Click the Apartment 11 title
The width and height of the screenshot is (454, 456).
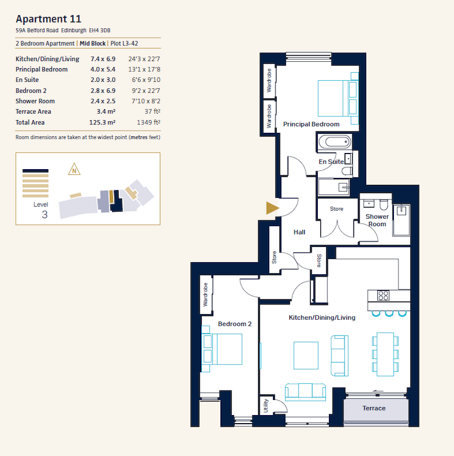click(48, 19)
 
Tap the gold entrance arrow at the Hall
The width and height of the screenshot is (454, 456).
click(272, 208)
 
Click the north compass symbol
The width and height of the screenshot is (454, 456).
click(74, 169)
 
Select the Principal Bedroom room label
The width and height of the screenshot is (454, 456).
click(311, 124)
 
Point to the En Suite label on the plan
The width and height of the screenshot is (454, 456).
click(331, 162)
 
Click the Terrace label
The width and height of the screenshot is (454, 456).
click(374, 408)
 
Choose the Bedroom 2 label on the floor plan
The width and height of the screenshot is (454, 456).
click(235, 324)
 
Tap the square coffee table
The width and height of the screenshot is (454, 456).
click(306, 355)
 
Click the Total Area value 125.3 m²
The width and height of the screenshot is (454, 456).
click(103, 122)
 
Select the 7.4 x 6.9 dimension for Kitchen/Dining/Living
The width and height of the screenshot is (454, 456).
click(103, 59)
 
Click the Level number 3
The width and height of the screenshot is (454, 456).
click(45, 214)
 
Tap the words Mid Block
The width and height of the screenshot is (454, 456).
click(93, 44)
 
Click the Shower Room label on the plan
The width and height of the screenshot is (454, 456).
click(377, 220)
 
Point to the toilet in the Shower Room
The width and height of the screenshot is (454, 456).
click(383, 204)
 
